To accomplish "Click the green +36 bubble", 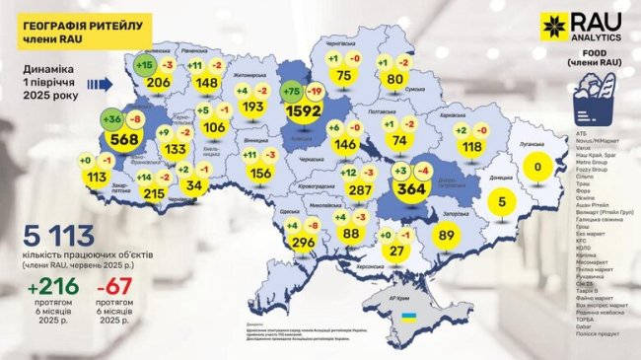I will (x=112, y=120).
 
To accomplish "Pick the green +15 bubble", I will (x=145, y=65).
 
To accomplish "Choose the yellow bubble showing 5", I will (x=503, y=203).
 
